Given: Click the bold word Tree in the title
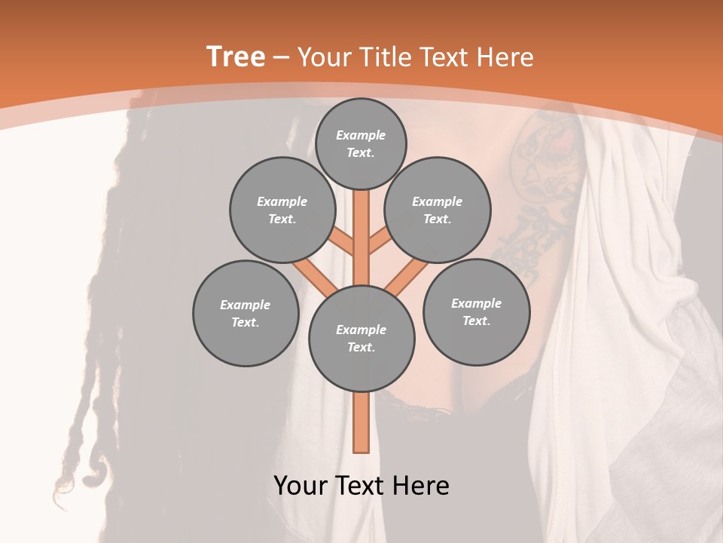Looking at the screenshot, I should coord(236,57).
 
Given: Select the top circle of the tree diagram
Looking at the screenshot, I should coord(361,143).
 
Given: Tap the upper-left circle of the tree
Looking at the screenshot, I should coord(282,210).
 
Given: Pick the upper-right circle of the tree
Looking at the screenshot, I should coord(438,210).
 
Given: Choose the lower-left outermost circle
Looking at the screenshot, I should coord(246,313).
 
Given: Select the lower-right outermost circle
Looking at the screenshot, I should coord(476,311).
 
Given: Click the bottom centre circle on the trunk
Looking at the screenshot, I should coord(361,338).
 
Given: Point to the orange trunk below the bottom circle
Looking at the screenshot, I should coord(361,422).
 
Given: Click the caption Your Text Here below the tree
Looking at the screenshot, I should coord(361,486).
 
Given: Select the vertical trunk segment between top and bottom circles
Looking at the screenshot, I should coord(361,234).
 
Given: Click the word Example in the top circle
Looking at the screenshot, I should coord(361,135).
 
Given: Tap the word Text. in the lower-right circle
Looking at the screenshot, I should coord(476,321).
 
